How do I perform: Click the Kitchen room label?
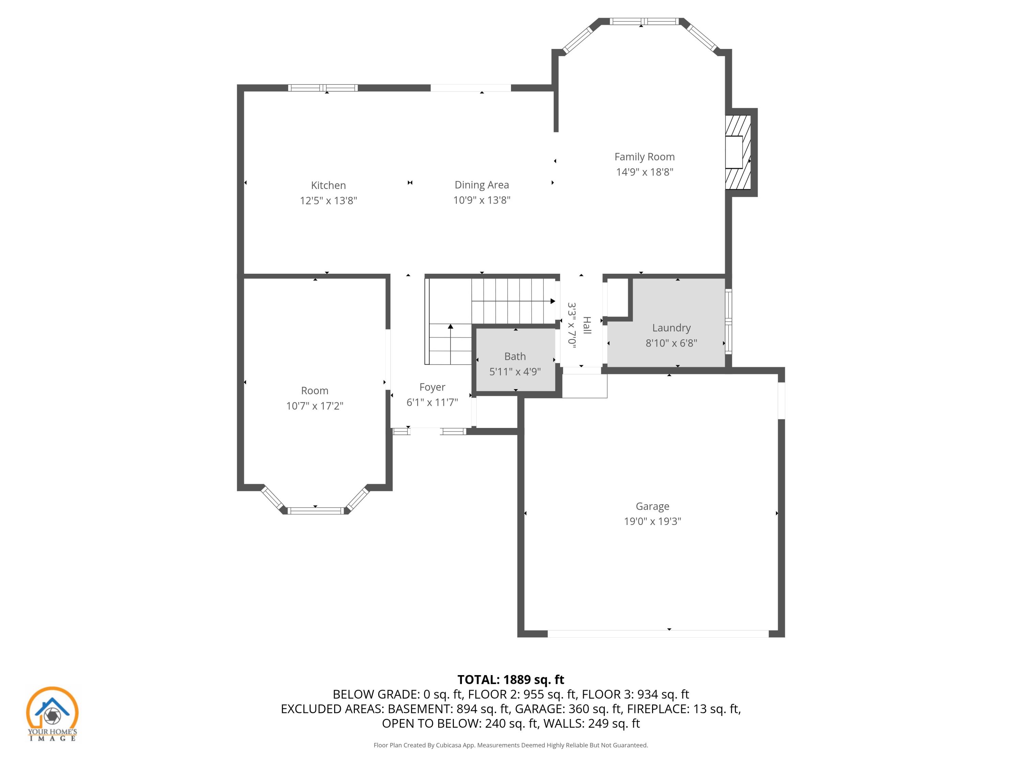tap(328, 185)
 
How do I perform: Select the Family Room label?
tap(644, 157)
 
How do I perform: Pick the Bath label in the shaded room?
tap(515, 356)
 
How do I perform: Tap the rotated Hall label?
tap(587, 325)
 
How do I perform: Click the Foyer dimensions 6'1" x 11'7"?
tap(432, 402)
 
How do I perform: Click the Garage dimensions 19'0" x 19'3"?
tap(652, 521)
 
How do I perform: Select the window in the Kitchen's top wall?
tap(323, 88)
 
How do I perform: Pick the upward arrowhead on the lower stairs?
tap(450, 327)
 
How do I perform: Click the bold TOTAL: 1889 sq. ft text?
tap(511, 680)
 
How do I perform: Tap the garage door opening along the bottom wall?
tap(658, 634)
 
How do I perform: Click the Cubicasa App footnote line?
tap(511, 745)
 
